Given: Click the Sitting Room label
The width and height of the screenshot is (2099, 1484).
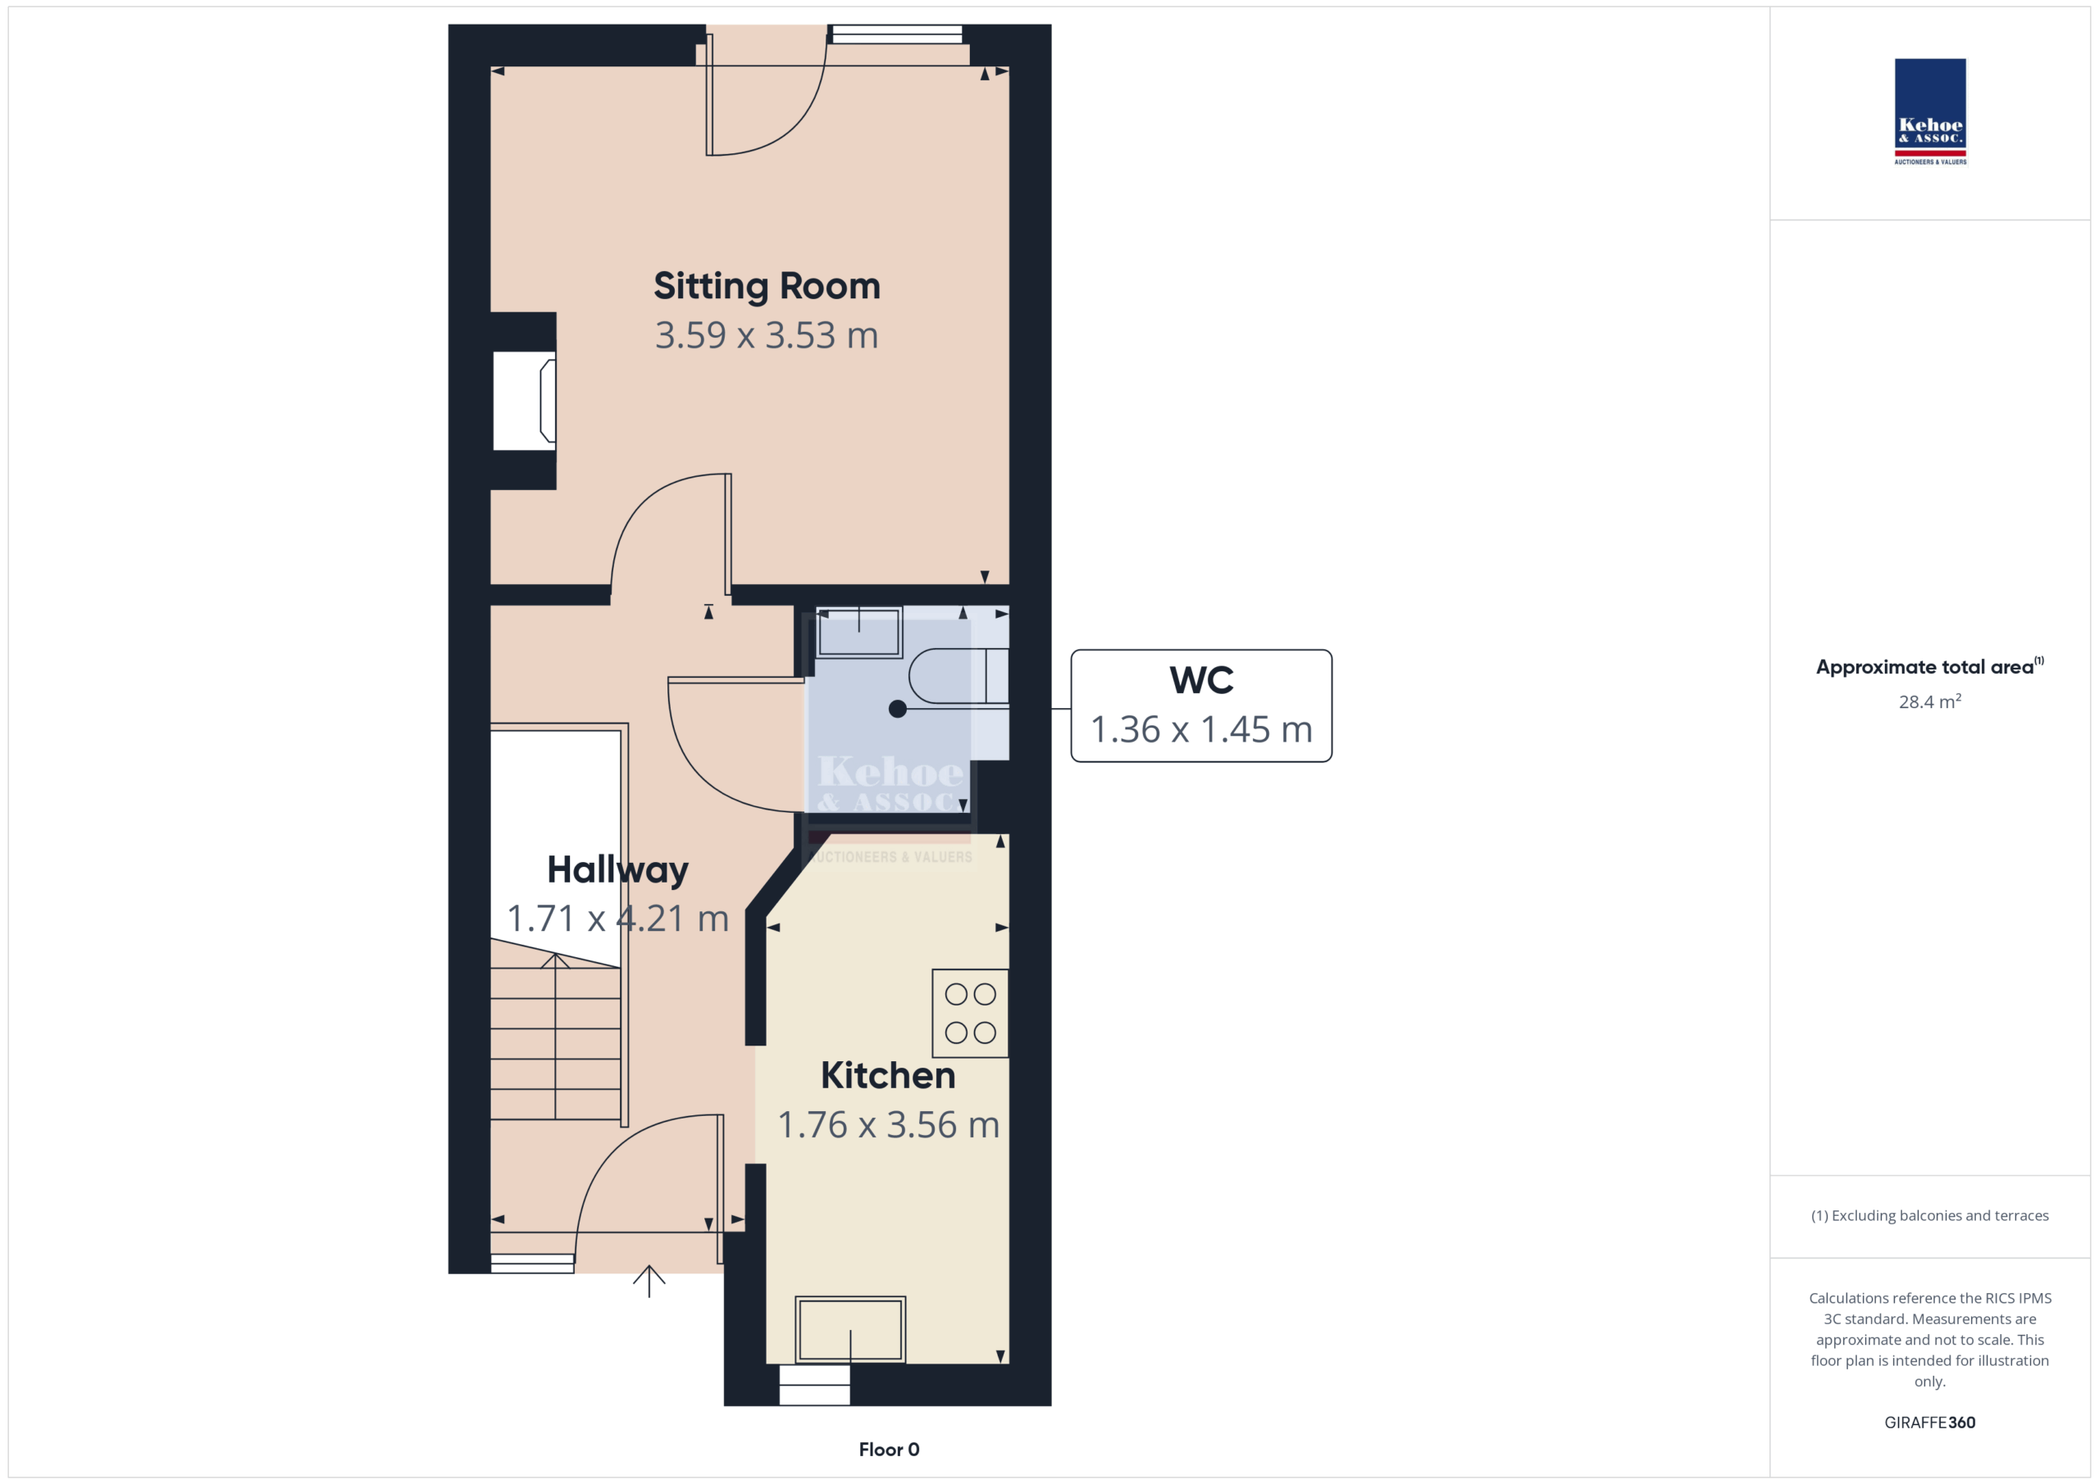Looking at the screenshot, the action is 767,287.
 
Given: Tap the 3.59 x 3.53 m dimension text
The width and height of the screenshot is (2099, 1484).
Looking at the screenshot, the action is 767,335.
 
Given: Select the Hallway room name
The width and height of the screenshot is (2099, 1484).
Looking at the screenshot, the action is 618,870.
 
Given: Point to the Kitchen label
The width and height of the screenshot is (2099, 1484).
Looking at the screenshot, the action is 888,1076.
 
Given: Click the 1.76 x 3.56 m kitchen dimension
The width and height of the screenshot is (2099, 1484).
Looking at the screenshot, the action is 889,1125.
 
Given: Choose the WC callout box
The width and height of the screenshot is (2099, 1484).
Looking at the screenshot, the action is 1201,706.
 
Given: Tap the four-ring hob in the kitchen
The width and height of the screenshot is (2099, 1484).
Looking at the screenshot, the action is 970,1014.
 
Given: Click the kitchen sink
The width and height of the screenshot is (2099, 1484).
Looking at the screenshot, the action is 850,1330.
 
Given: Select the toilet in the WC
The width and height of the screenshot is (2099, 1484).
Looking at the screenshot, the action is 959,677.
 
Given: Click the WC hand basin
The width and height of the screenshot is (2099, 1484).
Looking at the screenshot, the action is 858,632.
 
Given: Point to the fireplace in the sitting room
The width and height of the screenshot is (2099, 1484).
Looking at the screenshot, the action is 525,402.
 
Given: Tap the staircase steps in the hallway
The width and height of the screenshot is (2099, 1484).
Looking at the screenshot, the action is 556,1037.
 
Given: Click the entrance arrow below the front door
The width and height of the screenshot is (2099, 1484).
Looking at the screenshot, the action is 649,1281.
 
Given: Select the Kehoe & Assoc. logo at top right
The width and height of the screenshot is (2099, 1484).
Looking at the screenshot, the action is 1930,111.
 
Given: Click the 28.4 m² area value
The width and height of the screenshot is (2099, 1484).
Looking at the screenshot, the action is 1930,701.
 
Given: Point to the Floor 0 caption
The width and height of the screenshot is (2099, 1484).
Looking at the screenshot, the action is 889,1450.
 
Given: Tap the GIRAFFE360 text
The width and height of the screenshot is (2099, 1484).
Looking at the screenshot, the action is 1930,1423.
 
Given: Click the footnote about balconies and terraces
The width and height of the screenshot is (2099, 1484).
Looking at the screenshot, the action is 1930,1215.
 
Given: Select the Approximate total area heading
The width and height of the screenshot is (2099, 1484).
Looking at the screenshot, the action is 1930,666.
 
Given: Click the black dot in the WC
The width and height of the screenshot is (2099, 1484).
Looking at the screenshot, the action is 898,709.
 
